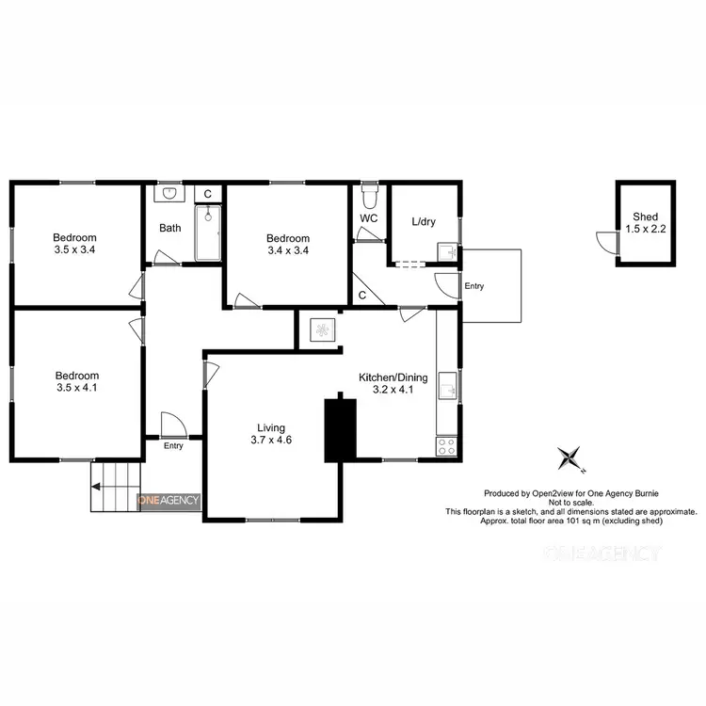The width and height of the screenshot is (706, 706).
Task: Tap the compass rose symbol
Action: point(570,458)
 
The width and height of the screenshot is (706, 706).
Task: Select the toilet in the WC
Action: point(370,199)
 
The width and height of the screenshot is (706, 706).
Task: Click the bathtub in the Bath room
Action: point(209,233)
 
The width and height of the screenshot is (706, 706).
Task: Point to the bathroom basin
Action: point(169,193)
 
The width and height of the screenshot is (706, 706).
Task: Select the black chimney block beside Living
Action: point(341,429)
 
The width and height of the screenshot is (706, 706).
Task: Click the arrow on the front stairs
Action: point(97,487)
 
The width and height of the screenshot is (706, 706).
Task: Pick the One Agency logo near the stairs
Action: point(169,501)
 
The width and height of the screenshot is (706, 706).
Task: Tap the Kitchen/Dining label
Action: point(393,377)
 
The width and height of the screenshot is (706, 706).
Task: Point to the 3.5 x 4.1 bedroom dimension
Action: point(77,386)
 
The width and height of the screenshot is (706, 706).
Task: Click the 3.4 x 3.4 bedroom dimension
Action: point(287,250)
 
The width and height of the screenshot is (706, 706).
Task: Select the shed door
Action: point(606,243)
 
